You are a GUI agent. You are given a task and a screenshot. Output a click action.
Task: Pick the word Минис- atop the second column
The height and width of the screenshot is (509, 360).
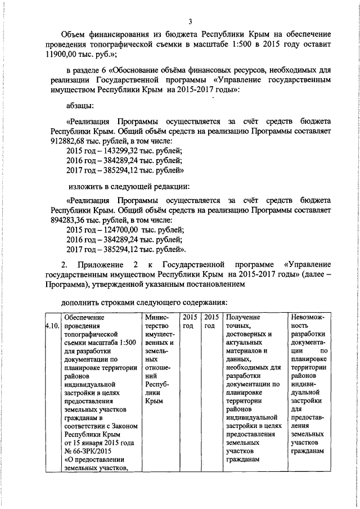[157, 317]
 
